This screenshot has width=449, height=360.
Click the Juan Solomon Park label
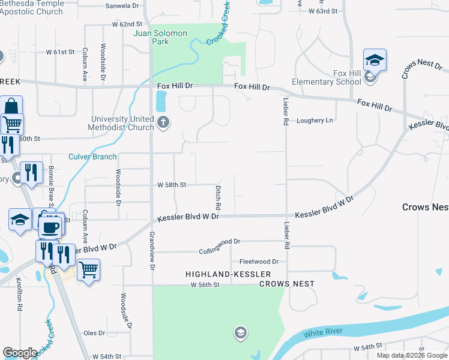coord(160,38)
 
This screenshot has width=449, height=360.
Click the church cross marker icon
coord(163,124)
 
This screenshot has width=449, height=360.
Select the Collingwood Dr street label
coord(220,241)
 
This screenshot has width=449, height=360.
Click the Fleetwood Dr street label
coord(259,262)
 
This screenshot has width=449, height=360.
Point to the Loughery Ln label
coord(315,121)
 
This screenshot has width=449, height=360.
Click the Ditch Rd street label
coord(218,193)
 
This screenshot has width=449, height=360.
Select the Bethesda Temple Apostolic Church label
coord(31,7)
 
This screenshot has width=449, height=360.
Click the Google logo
coord(20,353)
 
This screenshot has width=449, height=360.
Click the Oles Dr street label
coord(95,333)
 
